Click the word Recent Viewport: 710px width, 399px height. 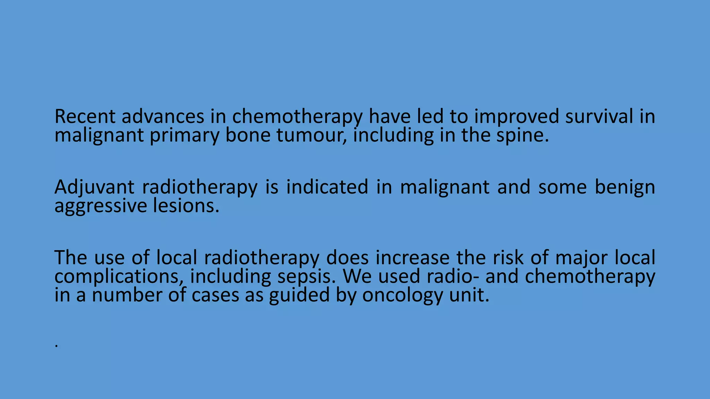85,116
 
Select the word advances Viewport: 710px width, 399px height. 163,116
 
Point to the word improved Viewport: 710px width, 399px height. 517,117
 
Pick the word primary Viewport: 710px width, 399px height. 184,136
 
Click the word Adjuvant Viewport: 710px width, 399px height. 94,188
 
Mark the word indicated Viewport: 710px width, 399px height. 327,187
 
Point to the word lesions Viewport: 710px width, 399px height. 186,206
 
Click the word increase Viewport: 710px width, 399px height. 412,258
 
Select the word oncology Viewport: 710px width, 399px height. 402,296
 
